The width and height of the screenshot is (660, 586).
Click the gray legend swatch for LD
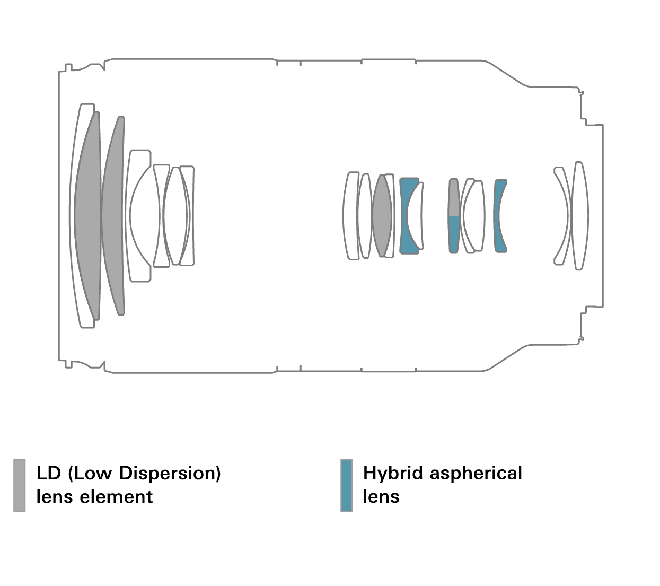pyautogui.click(x=20, y=485)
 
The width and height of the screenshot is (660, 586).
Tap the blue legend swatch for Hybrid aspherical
pyautogui.click(x=347, y=485)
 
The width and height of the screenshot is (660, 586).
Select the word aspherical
pyautogui.click(x=476, y=473)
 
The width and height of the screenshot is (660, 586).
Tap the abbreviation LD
pyautogui.click(x=49, y=473)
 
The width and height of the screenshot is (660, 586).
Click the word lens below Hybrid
pyautogui.click(x=381, y=497)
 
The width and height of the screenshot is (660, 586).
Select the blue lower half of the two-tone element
pyautogui.click(x=454, y=233)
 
